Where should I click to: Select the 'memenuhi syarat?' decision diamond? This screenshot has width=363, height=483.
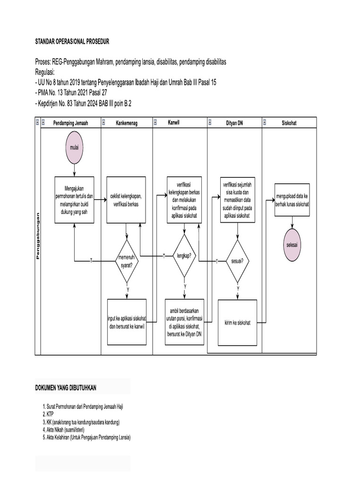[127, 260]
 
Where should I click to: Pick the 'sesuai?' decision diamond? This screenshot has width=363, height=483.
[238, 261]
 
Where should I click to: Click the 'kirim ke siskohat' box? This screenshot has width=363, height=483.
[238, 323]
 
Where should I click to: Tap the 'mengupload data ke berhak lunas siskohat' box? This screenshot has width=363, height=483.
[292, 199]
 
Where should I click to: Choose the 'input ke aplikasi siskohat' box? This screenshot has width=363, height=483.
[127, 323]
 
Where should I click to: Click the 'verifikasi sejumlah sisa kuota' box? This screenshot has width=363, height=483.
[238, 199]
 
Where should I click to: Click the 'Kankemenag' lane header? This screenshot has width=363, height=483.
[126, 123]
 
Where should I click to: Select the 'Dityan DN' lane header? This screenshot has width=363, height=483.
[234, 123]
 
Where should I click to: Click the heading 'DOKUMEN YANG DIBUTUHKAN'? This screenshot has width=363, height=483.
[66, 388]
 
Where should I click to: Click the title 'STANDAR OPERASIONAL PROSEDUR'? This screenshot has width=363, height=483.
[72, 42]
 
